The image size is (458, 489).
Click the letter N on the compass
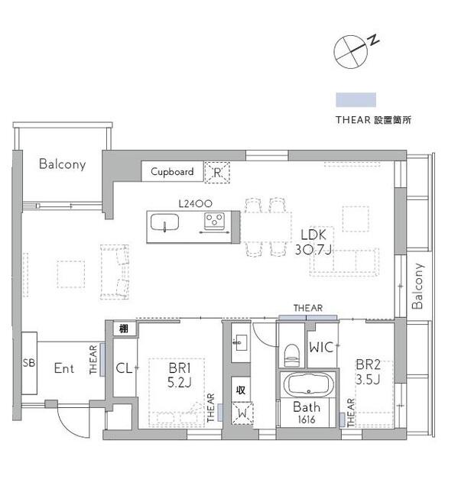click(x=373, y=40)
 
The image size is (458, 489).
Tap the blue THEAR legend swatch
click(x=356, y=100)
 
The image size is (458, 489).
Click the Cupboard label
click(x=172, y=171)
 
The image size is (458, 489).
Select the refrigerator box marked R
click(x=217, y=172)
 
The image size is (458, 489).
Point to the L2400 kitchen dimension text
click(x=195, y=204)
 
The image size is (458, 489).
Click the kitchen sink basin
click(x=164, y=223)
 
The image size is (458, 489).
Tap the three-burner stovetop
click(x=214, y=220)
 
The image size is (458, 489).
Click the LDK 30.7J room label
click(x=313, y=242)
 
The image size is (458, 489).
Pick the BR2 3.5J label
click(x=368, y=372)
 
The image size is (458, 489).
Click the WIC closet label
click(x=321, y=347)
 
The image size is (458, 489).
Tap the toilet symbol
click(x=292, y=355)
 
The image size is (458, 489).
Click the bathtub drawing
click(x=308, y=385)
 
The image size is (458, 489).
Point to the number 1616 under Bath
click(x=307, y=419)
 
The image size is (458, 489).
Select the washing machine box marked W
click(x=242, y=413)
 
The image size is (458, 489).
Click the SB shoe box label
click(x=29, y=363)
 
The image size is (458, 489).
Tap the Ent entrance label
click(x=64, y=368)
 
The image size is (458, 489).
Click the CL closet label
click(x=124, y=368)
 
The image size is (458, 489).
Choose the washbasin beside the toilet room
click(x=241, y=342)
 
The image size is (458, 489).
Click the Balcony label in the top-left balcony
click(x=63, y=164)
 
